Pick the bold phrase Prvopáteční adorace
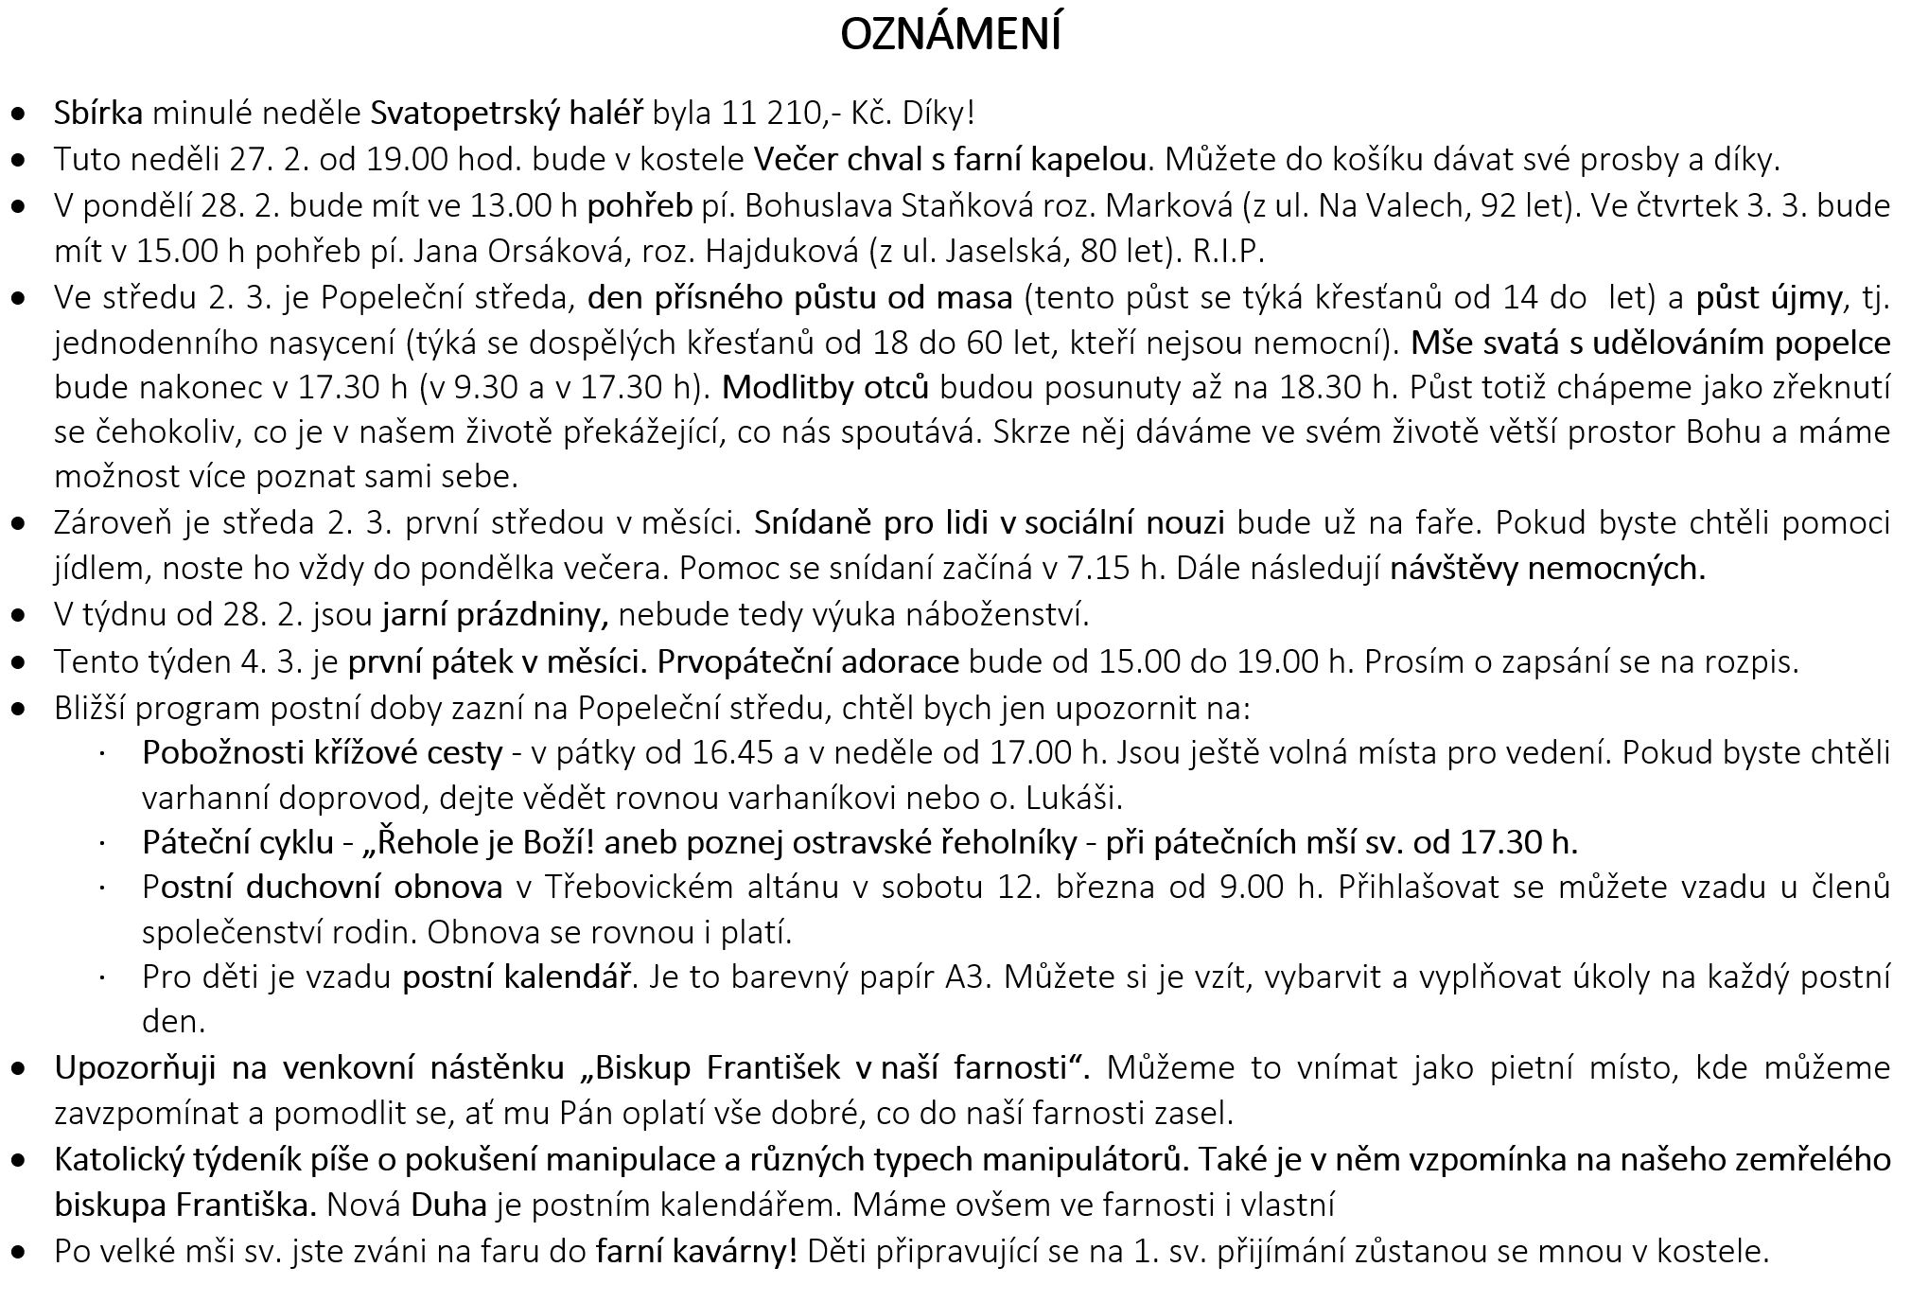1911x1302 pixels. tap(808, 661)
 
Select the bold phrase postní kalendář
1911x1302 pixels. tap(517, 976)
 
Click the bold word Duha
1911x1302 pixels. tap(448, 1205)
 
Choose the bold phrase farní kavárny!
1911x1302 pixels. tap(696, 1251)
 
